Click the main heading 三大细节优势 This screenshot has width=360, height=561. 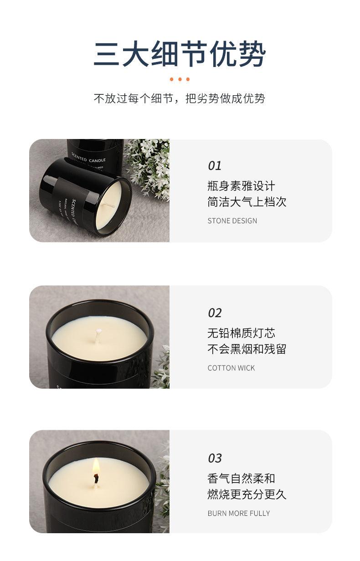[180, 54]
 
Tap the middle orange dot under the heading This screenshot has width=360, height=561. [180, 79]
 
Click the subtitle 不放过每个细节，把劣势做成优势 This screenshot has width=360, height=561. [180, 98]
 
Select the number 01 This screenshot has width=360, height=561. [215, 166]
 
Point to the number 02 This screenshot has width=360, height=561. [215, 313]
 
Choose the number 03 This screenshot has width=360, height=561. [215, 458]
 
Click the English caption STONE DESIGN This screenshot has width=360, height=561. [232, 221]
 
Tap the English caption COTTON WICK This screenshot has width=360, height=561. [231, 368]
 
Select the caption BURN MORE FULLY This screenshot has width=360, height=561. [239, 513]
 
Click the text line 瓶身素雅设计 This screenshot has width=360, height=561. [241, 186]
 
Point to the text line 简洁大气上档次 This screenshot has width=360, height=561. [247, 202]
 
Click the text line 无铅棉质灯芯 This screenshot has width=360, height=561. [241, 334]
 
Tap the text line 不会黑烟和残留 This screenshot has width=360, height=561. [247, 350]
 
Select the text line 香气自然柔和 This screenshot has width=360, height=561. [241, 479]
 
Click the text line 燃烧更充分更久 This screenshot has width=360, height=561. [247, 494]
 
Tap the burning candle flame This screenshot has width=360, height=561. [96, 468]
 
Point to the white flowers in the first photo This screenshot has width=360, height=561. [148, 166]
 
